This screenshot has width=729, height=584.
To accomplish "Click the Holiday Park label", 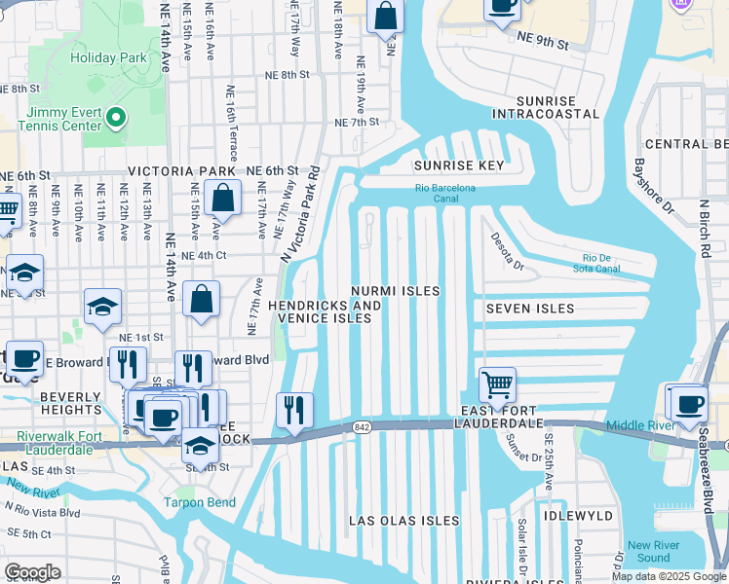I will click(x=108, y=57).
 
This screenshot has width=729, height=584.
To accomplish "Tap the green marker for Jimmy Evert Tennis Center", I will click(x=115, y=118).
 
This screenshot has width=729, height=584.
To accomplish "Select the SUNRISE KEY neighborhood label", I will click(x=458, y=165).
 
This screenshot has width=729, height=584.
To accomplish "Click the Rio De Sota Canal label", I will click(x=595, y=263).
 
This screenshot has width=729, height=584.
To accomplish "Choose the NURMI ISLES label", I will click(x=396, y=291).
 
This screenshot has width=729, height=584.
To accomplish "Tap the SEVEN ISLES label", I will click(x=529, y=309).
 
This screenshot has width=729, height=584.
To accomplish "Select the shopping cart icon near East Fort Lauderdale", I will click(x=498, y=385).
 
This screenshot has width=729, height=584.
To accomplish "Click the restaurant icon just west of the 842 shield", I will click(x=294, y=410).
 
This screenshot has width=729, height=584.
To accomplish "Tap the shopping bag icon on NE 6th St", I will click(x=223, y=199).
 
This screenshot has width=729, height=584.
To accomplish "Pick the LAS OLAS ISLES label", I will click(x=404, y=521).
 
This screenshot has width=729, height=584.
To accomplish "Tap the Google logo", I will click(x=32, y=572).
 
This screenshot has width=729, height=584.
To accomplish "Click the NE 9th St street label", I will click(x=541, y=40).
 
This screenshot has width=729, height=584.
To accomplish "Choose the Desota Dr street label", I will click(x=507, y=251).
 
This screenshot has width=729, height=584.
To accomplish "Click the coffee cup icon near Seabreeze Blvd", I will click(x=688, y=403).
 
